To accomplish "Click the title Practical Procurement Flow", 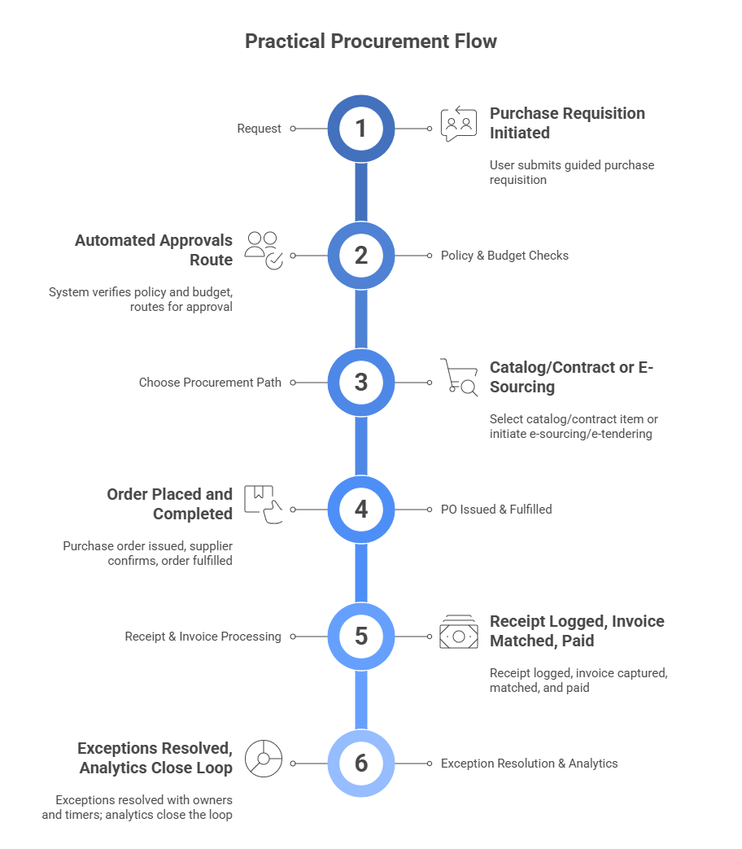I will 371,41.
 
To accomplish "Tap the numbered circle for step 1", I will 361,129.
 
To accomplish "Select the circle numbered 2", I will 361,256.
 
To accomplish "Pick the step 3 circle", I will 361,383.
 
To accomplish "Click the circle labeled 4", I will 361,510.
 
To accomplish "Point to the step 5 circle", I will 361,637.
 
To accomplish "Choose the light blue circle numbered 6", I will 361,764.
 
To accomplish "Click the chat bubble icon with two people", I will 459,125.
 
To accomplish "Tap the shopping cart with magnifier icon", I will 459,378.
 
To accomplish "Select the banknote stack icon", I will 459,632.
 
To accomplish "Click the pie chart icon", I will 264,759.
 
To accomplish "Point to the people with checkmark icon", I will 264,250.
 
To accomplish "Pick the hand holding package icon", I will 264,505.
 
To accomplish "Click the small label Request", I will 260,129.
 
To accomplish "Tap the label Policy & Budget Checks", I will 504,256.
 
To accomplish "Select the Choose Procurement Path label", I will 210,383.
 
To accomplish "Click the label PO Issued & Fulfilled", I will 496,510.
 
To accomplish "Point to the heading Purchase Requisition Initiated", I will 567,123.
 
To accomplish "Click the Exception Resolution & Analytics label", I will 529,764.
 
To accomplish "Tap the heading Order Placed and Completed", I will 170,504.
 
